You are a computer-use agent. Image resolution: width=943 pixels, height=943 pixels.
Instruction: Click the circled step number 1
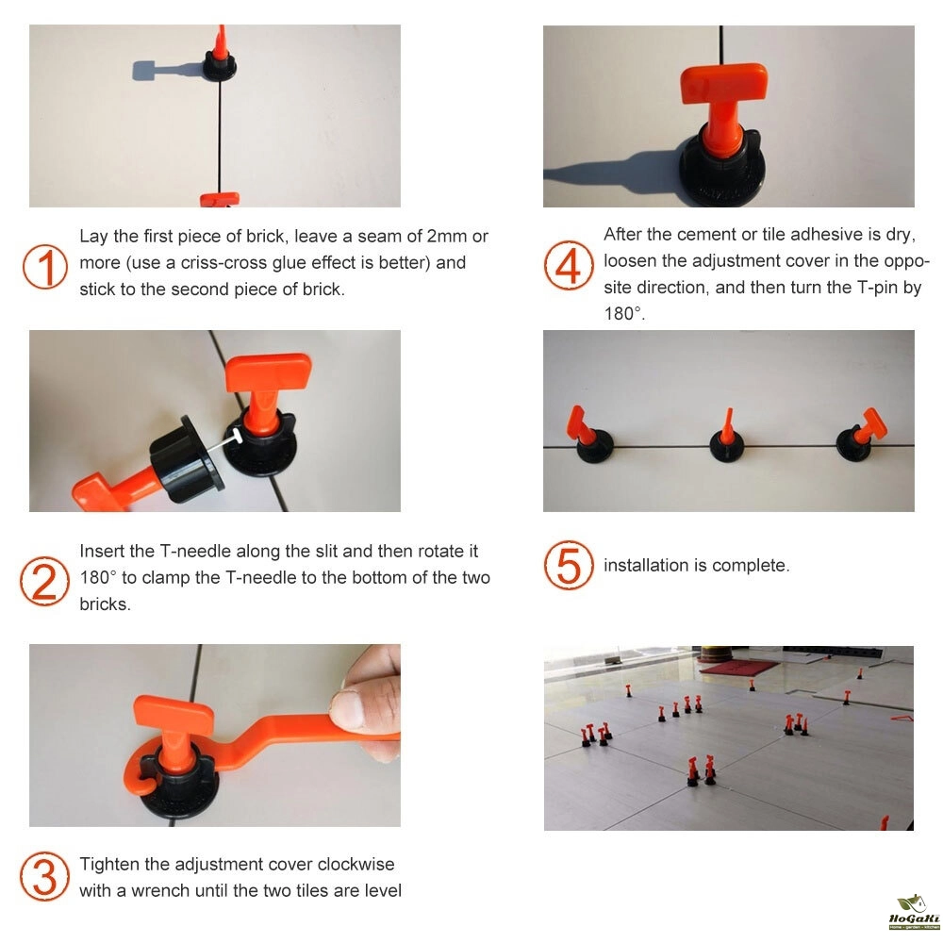coord(45,267)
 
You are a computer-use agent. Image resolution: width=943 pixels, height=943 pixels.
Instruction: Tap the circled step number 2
coord(44,582)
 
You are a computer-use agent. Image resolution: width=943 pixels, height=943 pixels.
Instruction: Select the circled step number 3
coord(44,876)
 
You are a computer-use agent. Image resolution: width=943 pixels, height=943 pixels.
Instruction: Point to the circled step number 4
coord(569,265)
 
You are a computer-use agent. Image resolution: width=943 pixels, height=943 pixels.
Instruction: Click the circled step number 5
coord(569,565)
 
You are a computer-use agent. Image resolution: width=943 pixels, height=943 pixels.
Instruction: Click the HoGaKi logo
coord(914,912)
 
